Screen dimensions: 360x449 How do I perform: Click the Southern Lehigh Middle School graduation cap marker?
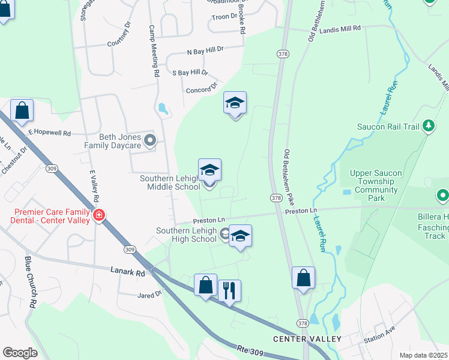click(x=210, y=170)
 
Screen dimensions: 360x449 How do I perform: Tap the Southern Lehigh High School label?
click(x=186, y=235)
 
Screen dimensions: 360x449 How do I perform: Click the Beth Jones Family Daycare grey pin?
click(x=151, y=141)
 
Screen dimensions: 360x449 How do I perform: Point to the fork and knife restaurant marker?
click(x=229, y=291)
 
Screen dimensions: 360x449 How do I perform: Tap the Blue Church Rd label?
click(x=30, y=282)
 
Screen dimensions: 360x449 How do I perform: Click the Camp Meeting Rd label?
click(x=154, y=52)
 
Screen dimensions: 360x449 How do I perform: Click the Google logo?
click(x=20, y=353)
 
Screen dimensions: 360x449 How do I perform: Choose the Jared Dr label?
click(x=149, y=295)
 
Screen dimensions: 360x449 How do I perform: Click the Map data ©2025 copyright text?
click(x=424, y=355)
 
